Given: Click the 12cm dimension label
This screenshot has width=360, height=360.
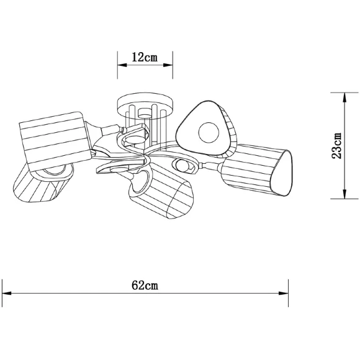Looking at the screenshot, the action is [x=145, y=57].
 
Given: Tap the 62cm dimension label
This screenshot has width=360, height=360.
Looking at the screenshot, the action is [x=145, y=286].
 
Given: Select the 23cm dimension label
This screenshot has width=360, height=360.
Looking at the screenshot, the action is [x=337, y=146].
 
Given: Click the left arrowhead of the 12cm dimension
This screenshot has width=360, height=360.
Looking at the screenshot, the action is [x=122, y=65].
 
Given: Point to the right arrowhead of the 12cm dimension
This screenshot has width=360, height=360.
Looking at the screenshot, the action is [x=168, y=65].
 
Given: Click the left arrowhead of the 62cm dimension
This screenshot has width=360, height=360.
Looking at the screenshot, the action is [x=7, y=293].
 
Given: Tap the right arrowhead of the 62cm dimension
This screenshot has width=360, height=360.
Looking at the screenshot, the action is [x=284, y=293].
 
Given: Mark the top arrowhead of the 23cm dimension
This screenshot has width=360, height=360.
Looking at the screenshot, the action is [x=344, y=97].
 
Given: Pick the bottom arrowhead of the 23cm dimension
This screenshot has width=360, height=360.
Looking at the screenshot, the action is [x=344, y=194].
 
